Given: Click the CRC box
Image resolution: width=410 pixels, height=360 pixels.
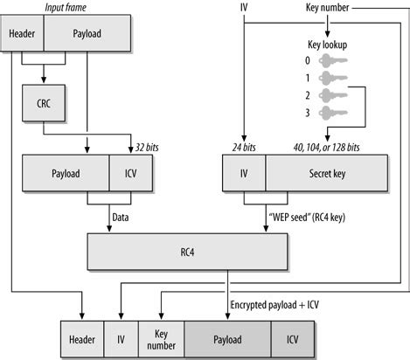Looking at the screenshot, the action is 44,103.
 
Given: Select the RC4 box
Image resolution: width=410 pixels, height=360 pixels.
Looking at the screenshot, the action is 187,252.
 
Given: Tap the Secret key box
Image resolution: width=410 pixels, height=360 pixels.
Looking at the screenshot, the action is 327,173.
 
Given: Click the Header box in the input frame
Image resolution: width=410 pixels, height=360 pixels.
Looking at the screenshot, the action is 22,33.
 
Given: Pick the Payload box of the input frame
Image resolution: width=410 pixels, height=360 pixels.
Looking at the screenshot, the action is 87,33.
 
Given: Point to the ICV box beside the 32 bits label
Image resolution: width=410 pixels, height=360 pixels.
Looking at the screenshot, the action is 131,173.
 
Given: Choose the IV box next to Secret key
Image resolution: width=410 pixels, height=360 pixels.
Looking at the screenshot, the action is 244,173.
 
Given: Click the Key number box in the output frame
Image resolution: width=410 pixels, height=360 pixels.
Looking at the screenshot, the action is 161,339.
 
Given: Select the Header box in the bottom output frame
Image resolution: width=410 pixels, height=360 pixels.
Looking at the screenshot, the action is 82,339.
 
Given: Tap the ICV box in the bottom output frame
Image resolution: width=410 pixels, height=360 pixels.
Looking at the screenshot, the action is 293,339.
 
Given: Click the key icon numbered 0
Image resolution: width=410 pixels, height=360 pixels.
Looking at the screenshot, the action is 333,60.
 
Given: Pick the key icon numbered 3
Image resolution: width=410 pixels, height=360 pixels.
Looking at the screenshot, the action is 333,113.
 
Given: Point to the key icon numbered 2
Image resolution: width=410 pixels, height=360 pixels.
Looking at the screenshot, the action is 333,95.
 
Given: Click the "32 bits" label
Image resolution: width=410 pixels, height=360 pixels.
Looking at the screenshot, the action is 147,148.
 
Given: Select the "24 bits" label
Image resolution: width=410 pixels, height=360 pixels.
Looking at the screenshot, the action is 244,148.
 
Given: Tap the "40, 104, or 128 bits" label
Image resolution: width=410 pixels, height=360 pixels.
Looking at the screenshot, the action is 326,148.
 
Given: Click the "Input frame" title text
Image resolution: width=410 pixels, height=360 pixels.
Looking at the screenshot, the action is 66,8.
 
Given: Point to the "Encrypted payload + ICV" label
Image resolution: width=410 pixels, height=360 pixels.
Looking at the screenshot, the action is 274,305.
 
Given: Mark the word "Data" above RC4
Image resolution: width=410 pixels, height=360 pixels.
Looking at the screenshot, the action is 121,218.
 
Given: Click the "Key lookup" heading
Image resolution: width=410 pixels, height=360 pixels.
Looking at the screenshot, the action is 328,45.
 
